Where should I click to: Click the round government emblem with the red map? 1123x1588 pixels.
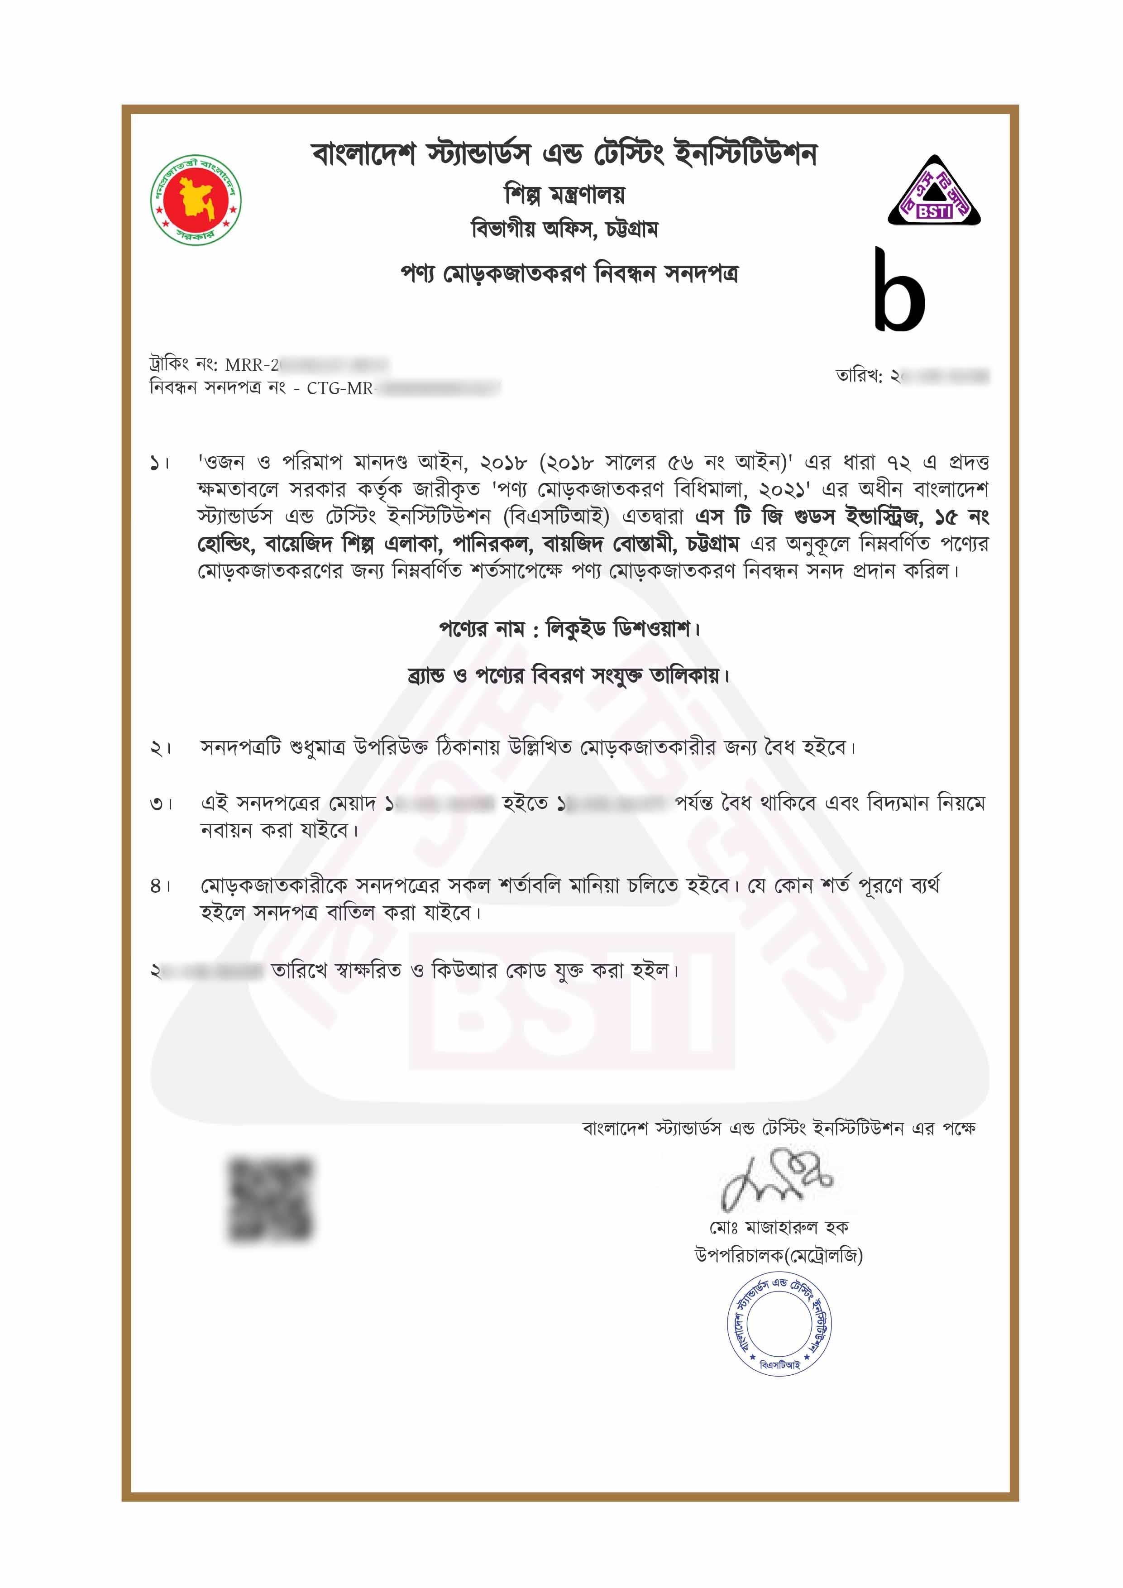pyautogui.click(x=196, y=200)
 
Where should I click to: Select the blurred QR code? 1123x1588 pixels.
pyautogui.click(x=270, y=1199)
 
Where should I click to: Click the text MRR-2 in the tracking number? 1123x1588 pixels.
pyautogui.click(x=252, y=364)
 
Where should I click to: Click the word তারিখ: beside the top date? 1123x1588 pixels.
pyautogui.click(x=859, y=376)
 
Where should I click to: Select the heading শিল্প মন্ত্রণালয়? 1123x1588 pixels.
pyautogui.click(x=564, y=195)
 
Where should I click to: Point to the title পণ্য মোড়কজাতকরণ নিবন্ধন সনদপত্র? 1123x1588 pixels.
pyautogui.click(x=569, y=274)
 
